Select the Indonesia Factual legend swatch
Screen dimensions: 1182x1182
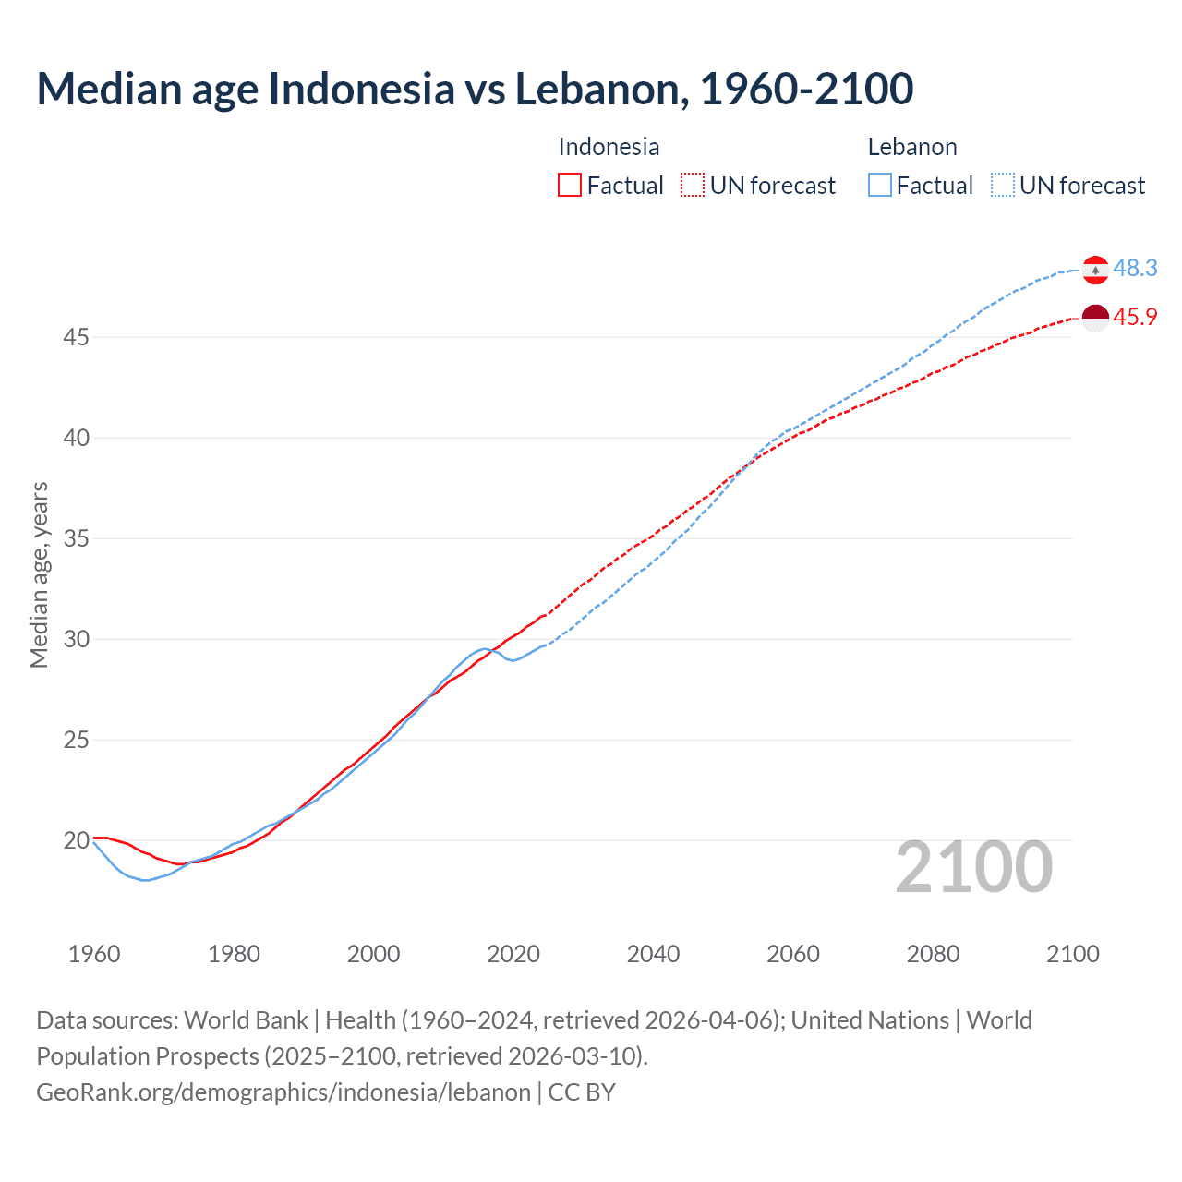[570, 186]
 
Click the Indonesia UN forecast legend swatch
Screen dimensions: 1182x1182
[693, 186]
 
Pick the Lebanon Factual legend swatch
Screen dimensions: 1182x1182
[880, 186]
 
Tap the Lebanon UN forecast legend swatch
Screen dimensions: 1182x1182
[1003, 186]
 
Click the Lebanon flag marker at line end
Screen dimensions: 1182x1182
[1095, 270]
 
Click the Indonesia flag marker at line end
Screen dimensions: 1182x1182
[1095, 318]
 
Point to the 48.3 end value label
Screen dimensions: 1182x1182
[1135, 268]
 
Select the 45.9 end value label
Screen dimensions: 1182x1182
[1135, 317]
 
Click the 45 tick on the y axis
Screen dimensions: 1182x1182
[76, 337]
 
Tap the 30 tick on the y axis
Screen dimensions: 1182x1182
[76, 639]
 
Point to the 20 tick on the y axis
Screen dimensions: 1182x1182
[76, 840]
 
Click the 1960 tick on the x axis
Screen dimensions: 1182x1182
[94, 954]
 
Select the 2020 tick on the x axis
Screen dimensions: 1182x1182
[513, 954]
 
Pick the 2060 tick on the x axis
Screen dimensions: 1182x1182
[793, 954]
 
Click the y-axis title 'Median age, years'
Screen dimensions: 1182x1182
[39, 574]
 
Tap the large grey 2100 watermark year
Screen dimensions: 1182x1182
[974, 867]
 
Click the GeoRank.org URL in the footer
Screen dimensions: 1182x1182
[283, 1092]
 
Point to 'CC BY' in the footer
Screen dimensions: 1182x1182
[582, 1092]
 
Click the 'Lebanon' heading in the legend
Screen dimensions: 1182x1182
[912, 147]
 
